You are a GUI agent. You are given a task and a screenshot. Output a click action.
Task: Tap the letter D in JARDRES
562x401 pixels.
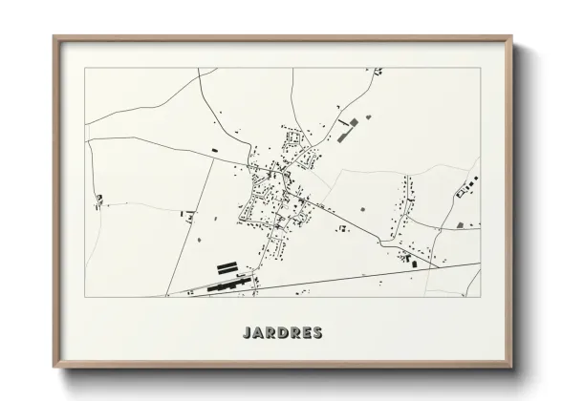276,333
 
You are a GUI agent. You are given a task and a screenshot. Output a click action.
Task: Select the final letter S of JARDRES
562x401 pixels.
316,333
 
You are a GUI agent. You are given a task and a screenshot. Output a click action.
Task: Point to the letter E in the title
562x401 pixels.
303,333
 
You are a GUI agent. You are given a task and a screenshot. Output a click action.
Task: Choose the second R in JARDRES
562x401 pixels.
290,333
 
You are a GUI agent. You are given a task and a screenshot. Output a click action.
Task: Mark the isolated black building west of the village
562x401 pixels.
215,151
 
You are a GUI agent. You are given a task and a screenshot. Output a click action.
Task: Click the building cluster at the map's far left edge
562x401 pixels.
97,200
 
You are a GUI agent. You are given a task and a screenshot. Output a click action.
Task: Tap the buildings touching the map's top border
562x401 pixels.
378,71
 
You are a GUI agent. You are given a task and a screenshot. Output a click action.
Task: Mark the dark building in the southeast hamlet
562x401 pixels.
414,261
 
